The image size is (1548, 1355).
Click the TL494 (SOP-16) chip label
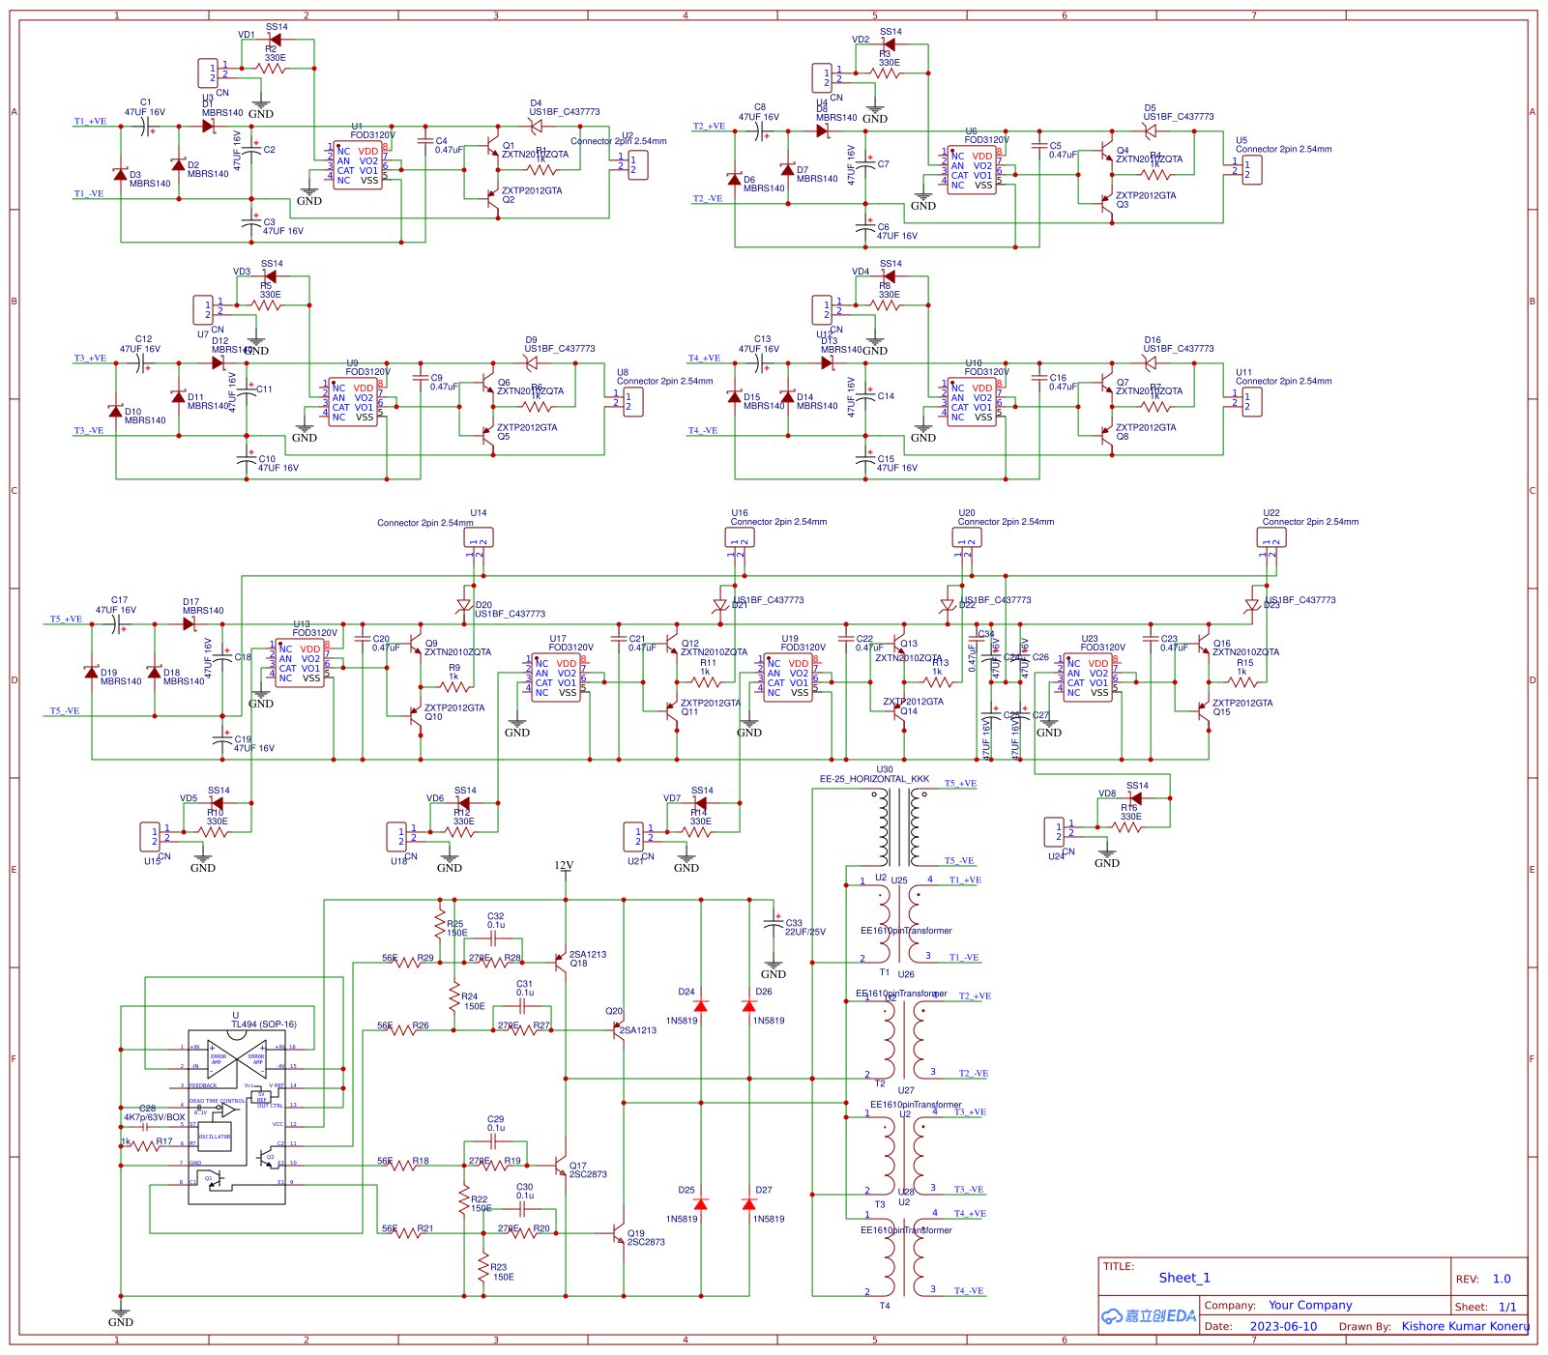coord(263,1024)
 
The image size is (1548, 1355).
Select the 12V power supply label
coord(564,865)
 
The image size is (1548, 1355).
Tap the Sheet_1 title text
coord(1183,1278)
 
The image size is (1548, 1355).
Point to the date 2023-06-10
coord(1283,1326)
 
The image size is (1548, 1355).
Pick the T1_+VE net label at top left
coord(90,122)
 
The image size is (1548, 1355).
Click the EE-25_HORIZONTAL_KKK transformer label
coord(874,779)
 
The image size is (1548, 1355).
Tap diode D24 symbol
coord(701,1006)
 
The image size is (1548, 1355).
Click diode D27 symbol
coord(749,1204)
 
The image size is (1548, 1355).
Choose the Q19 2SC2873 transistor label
coord(645,1237)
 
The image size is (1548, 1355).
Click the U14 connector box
coord(479,537)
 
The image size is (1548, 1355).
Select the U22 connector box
coord(1271,537)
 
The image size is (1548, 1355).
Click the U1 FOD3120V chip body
coord(357,165)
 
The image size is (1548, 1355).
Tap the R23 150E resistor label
coord(500,1272)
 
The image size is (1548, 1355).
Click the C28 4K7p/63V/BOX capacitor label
coord(154,1113)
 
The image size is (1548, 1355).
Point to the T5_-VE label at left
coord(65,711)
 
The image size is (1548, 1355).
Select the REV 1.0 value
coord(1501,1279)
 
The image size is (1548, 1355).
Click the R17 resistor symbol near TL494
coord(145,1145)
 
